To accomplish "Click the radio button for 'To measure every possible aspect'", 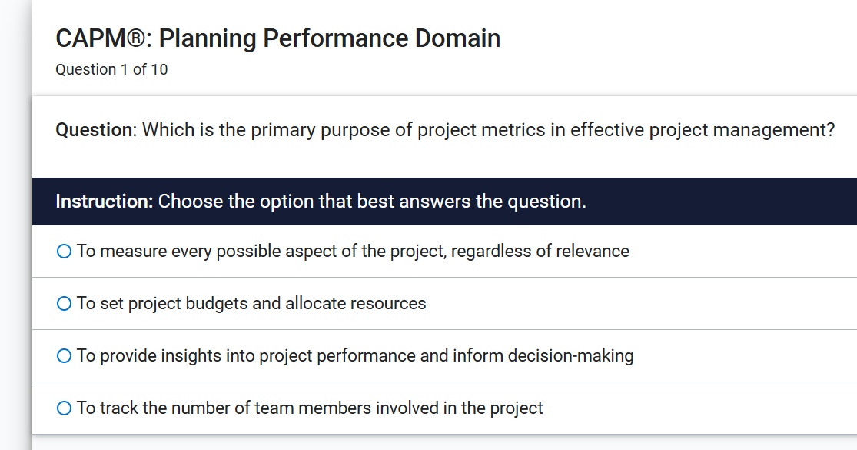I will pyautogui.click(x=65, y=252).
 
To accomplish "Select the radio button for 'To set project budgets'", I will pyautogui.click(x=65, y=304).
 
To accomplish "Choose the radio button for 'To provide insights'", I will pyautogui.click(x=65, y=356).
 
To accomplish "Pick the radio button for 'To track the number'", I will pyautogui.click(x=65, y=408).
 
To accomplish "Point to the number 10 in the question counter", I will pyautogui.click(x=159, y=70).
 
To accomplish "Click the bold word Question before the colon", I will pyautogui.click(x=94, y=130).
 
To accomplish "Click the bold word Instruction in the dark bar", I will pyautogui.click(x=104, y=202).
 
